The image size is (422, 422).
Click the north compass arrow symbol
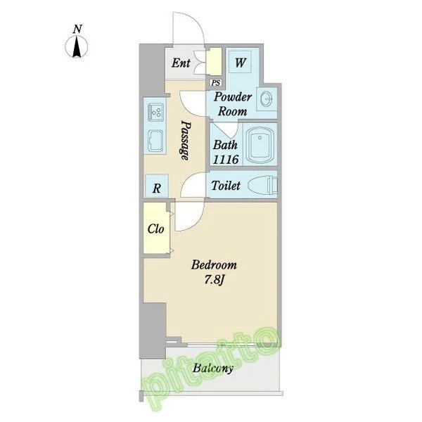pos(77,47)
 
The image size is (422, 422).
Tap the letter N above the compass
pos(77,29)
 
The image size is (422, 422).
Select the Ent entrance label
pos(181,63)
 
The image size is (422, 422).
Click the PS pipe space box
pos(216,82)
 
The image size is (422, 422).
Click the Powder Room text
pos(233,104)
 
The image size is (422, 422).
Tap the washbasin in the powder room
pos(267,100)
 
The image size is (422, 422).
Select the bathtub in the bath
pos(260,146)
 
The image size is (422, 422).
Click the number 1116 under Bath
pos(226,160)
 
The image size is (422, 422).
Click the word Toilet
pos(226,186)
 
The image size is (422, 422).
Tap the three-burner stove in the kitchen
pos(155,111)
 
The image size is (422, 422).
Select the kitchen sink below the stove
pos(155,141)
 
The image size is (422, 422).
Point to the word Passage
pos(185,140)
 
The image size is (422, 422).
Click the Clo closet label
pos(155,229)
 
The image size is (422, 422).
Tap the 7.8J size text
pos(215,281)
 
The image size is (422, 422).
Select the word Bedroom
pos(215,265)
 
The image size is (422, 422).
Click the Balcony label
pos(213,368)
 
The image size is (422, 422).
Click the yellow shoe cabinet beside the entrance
pos(214,62)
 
